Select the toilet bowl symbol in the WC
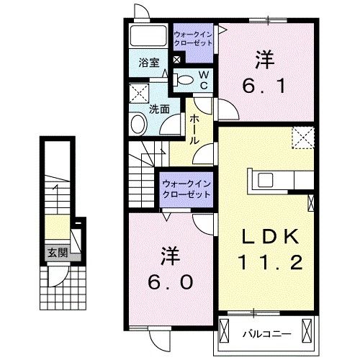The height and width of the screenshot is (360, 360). point(184,80)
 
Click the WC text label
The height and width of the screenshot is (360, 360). point(204,79)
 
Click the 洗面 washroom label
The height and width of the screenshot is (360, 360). point(159,109)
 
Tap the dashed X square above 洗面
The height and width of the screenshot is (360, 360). point(139,94)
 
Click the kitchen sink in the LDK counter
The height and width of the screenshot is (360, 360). point(261,179)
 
